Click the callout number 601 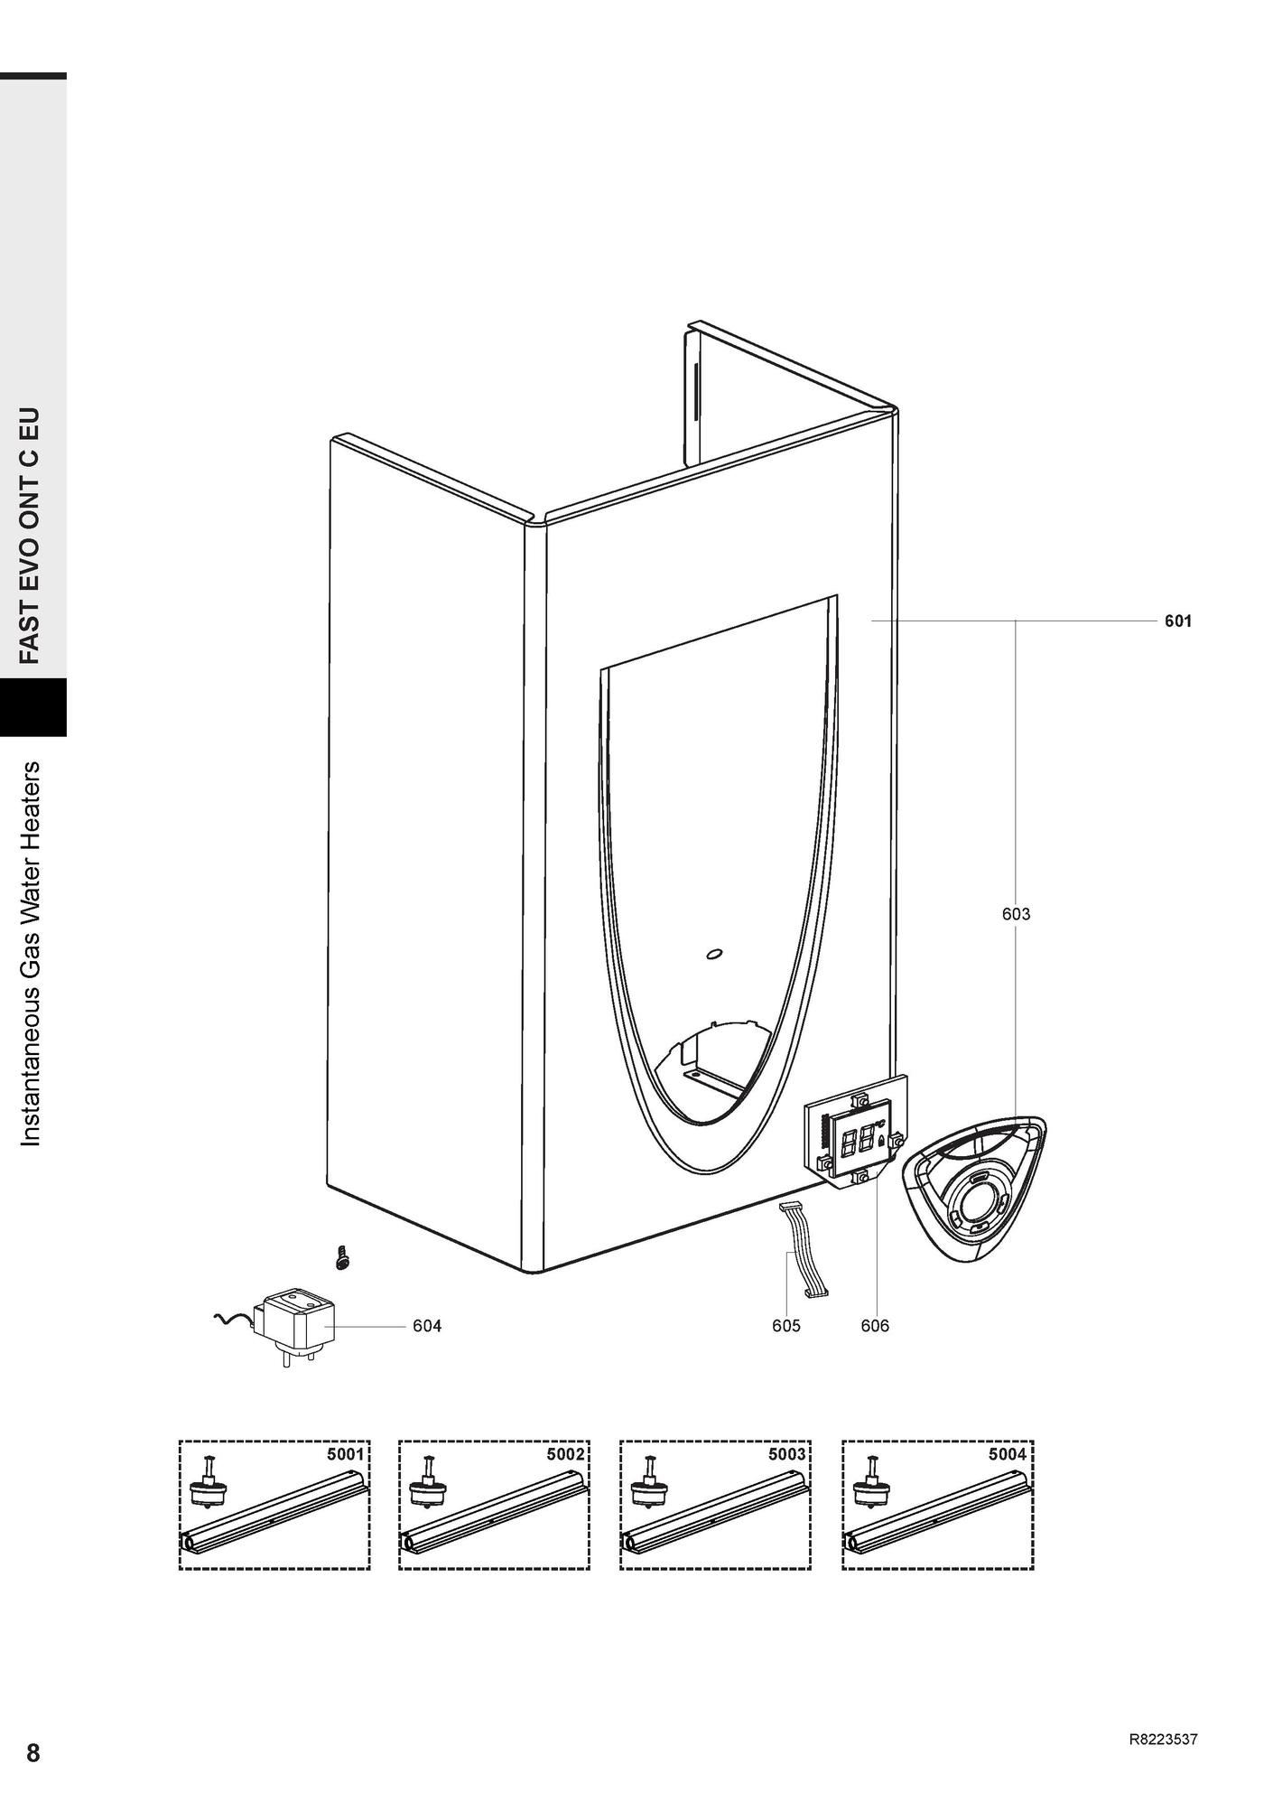point(1177,621)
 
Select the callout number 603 point(1016,914)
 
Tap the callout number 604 point(427,1326)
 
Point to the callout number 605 point(785,1326)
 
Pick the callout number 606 point(875,1326)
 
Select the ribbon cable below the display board point(804,1250)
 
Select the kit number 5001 point(344,1454)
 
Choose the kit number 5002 point(565,1454)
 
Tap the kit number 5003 point(786,1454)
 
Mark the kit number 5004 point(1008,1454)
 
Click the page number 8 point(33,1753)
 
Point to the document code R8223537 point(1163,1740)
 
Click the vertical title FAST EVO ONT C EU point(32,535)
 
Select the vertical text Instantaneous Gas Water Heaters point(32,954)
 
